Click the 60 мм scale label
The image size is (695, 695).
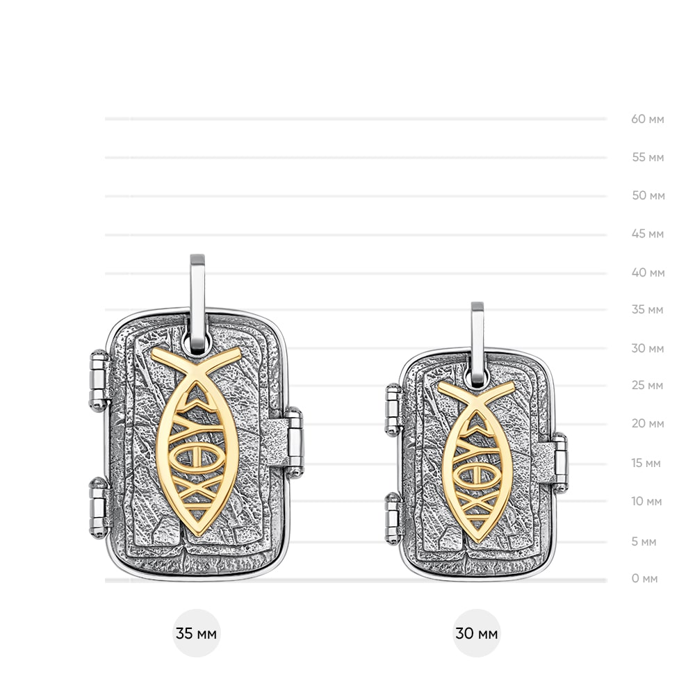coord(648,119)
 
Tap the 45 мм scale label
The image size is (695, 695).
coord(648,234)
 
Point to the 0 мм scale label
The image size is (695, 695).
coord(644,578)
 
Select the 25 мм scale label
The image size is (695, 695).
coord(648,385)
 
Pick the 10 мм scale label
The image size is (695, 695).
coord(646,501)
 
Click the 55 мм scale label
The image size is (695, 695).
coord(648,157)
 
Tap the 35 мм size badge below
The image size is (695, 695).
coord(197,633)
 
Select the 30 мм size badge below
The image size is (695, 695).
coord(477,633)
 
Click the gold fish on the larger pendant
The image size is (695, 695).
coord(197,441)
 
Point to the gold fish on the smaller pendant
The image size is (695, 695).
coord(477,461)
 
